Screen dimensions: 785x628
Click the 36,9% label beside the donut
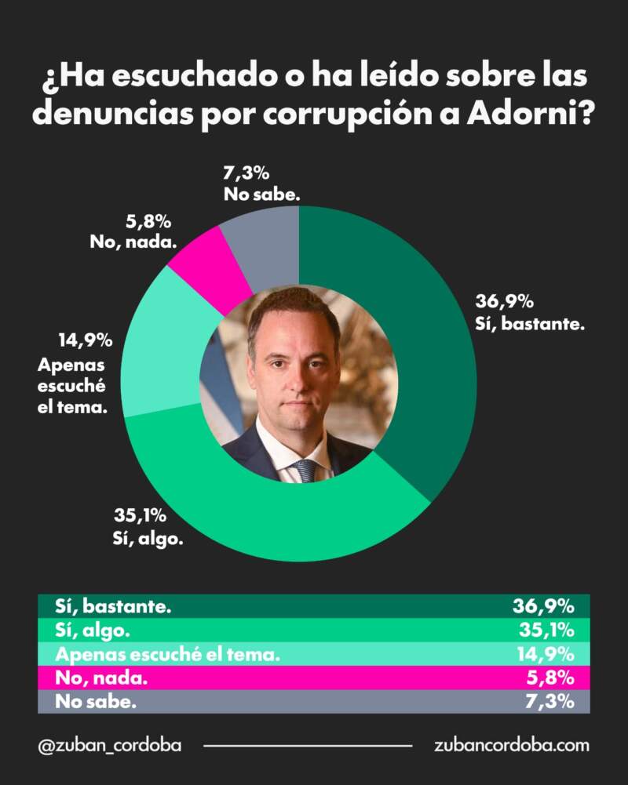pyautogui.click(x=505, y=302)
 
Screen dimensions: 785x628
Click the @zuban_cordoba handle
pyautogui.click(x=109, y=745)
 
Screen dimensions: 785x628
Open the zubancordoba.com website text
pyautogui.click(x=511, y=745)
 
